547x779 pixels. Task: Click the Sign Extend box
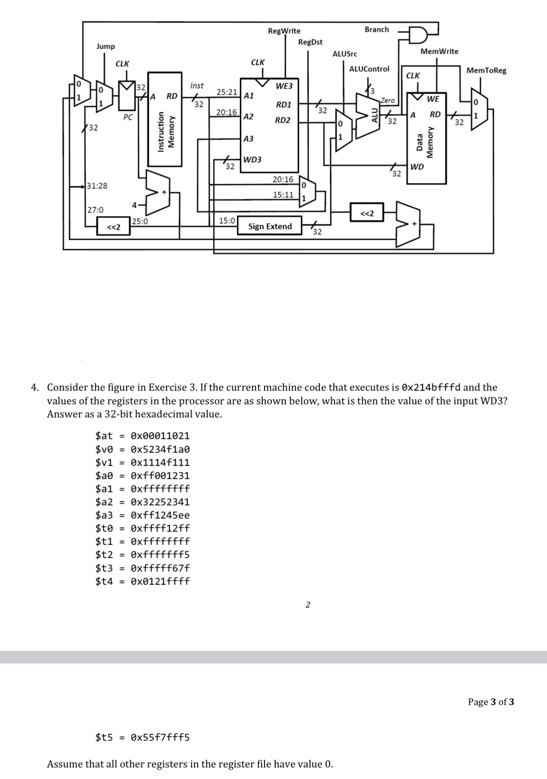pyautogui.click(x=270, y=226)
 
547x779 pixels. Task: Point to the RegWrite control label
pyautogui.click(x=284, y=31)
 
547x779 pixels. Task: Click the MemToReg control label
pyautogui.click(x=486, y=70)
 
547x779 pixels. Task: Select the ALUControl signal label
pyautogui.click(x=369, y=69)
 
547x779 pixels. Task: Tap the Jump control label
pyautogui.click(x=105, y=46)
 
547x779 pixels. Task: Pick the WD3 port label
pyautogui.click(x=252, y=160)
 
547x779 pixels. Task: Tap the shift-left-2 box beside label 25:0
pyautogui.click(x=113, y=227)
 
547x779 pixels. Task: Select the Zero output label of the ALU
pyautogui.click(x=387, y=101)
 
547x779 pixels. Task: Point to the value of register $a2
pyautogui.click(x=160, y=502)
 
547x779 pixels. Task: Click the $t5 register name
pyautogui.click(x=104, y=737)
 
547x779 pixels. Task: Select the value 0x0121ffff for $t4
pyautogui.click(x=160, y=581)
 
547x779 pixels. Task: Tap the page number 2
pyautogui.click(x=308, y=605)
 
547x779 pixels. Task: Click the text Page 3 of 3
pyautogui.click(x=491, y=702)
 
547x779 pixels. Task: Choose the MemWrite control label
pyautogui.click(x=439, y=51)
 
